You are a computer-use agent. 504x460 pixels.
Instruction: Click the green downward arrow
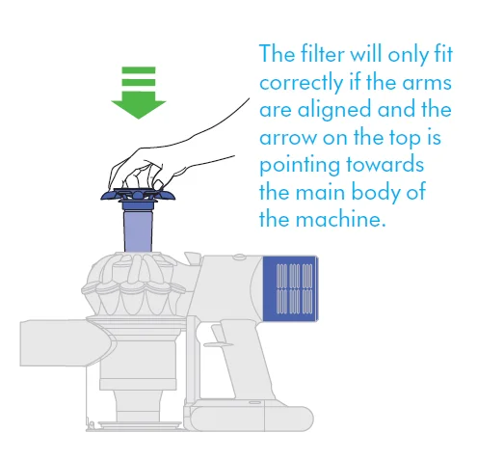coord(138,92)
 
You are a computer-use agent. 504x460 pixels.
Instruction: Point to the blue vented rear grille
coord(291,288)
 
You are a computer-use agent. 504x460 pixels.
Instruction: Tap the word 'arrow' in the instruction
coord(291,137)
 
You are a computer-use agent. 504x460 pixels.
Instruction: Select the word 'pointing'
coord(303,164)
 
